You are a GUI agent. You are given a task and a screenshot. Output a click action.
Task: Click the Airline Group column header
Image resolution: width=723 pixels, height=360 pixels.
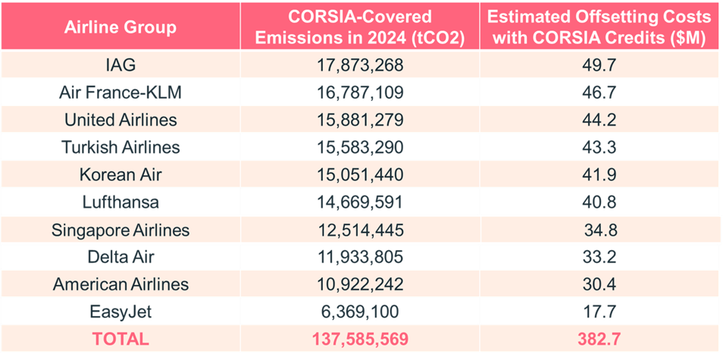120,28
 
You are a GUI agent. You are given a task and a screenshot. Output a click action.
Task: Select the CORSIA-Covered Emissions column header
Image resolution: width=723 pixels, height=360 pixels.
358,28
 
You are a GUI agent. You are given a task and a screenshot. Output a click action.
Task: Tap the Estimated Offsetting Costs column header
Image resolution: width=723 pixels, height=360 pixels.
599,28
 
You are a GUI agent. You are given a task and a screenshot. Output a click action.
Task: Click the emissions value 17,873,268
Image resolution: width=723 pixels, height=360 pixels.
358,64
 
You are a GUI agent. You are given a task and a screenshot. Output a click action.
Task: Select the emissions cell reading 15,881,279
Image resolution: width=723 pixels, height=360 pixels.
358,120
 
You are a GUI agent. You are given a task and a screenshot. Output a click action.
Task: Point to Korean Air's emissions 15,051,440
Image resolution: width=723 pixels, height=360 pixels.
358,174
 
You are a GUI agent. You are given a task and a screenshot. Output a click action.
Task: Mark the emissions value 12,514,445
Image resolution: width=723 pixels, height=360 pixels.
358,230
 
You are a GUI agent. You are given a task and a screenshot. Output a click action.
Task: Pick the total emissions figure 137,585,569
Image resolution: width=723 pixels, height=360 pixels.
358,339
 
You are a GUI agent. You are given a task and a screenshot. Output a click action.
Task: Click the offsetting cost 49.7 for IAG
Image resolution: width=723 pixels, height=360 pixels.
599,64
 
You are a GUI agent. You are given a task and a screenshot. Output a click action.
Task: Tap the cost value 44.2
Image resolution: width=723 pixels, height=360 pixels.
599,120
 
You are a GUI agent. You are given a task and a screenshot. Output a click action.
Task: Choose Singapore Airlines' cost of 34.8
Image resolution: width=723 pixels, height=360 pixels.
599,230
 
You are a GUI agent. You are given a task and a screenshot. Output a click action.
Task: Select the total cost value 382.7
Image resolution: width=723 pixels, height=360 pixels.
599,339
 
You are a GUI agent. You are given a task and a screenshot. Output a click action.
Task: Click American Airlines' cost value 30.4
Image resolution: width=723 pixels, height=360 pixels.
599,284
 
